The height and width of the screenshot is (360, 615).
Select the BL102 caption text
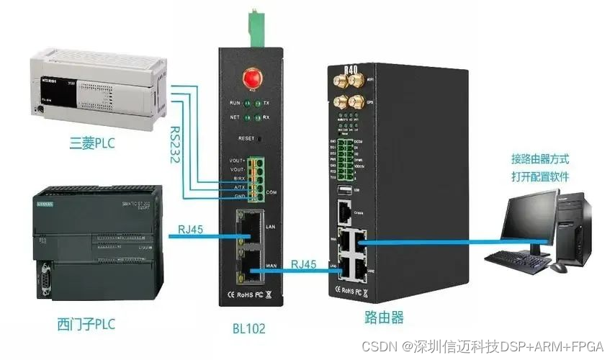(249, 328)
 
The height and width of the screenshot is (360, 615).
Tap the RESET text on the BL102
(247, 137)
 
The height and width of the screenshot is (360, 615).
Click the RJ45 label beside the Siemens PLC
(191, 231)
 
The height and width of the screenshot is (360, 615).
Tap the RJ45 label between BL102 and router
(305, 264)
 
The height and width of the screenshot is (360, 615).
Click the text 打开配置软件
(537, 175)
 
